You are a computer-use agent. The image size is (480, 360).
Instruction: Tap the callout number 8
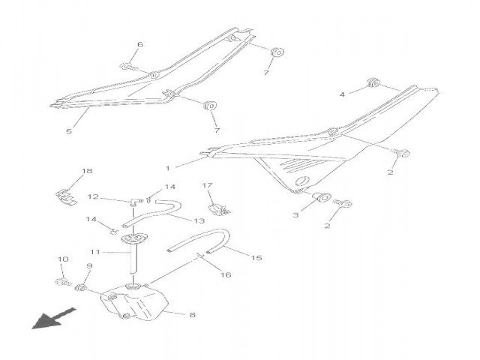(x=192, y=315)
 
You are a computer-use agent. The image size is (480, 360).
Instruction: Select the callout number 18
(x=87, y=171)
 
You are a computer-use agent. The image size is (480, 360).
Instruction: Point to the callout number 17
(x=207, y=185)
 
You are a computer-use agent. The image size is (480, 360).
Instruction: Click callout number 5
(x=69, y=131)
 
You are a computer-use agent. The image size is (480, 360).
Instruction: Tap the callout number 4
(x=342, y=94)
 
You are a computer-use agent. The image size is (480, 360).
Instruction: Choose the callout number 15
(x=256, y=258)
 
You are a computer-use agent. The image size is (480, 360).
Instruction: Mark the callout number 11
(x=95, y=252)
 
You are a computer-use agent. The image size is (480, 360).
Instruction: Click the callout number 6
(x=140, y=45)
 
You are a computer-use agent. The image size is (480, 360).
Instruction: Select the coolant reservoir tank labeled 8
(x=135, y=302)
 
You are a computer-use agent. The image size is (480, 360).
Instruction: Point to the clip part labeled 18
(x=67, y=198)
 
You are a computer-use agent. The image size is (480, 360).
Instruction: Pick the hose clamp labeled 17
(x=219, y=208)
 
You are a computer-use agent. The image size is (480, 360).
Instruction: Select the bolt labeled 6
(x=129, y=67)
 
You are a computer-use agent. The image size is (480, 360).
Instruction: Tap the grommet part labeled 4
(x=373, y=83)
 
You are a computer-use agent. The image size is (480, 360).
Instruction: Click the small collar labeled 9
(x=80, y=288)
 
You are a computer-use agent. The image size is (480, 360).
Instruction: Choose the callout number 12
(x=93, y=196)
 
